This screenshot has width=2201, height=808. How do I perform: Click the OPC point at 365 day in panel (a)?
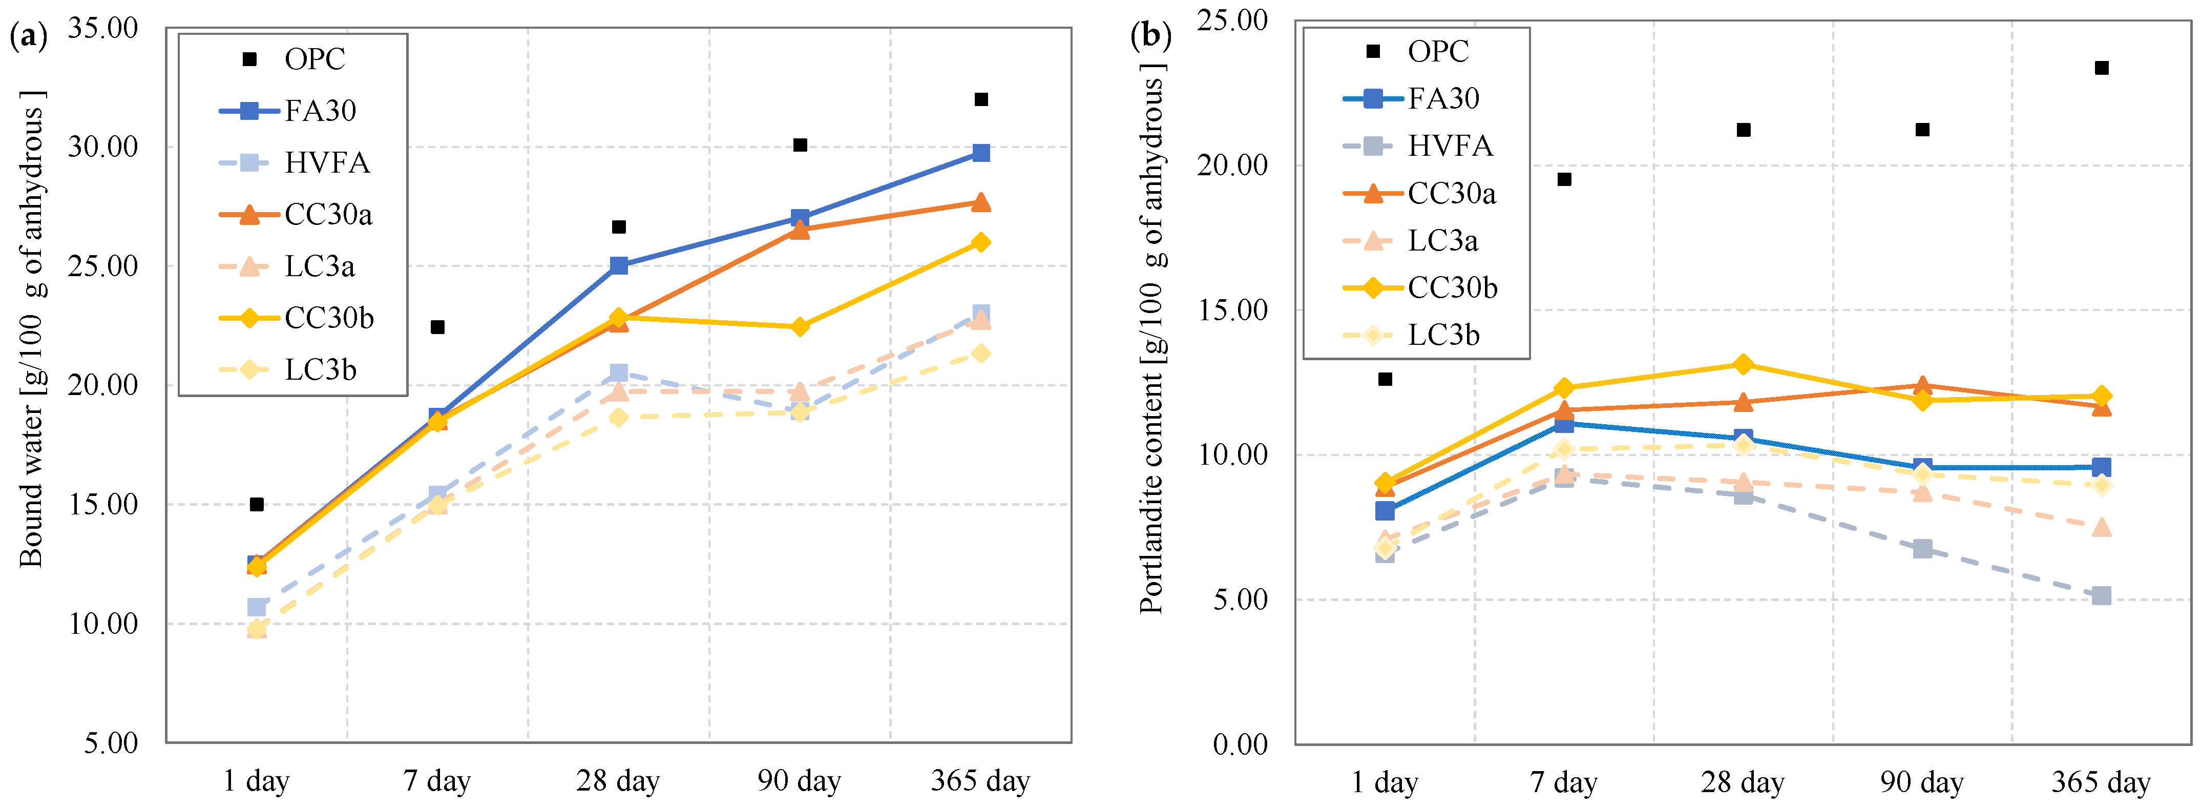[x=981, y=100]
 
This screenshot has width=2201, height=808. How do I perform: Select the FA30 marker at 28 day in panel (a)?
[x=619, y=266]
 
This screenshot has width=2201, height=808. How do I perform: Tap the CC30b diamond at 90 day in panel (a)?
[x=800, y=326]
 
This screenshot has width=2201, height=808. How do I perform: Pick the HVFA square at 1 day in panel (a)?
[x=256, y=607]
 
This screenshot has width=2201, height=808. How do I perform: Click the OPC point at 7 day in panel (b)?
[x=1564, y=179]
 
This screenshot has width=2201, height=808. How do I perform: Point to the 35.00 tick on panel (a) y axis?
[x=102, y=28]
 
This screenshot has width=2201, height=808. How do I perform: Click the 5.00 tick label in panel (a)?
[x=110, y=743]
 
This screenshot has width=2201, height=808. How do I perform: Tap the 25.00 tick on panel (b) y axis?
[x=1231, y=20]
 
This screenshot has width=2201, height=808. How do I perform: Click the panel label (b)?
[x=1150, y=36]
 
